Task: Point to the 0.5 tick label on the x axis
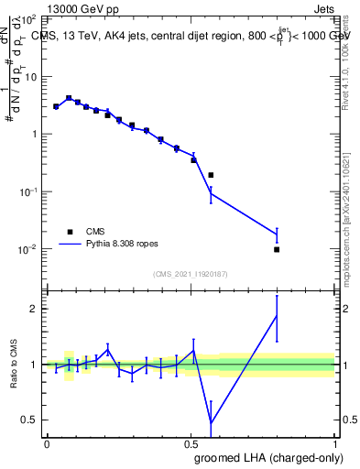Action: [x=191, y=442]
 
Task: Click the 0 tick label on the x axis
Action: [x=47, y=442]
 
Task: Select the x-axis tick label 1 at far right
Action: [x=335, y=442]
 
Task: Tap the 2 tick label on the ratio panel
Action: [x=33, y=309]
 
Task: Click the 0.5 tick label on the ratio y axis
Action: [x=29, y=420]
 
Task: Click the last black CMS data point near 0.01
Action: [x=277, y=249]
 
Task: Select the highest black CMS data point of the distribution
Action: [x=69, y=98]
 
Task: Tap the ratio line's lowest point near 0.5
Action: [x=211, y=422]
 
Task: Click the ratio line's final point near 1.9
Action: [x=277, y=316]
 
